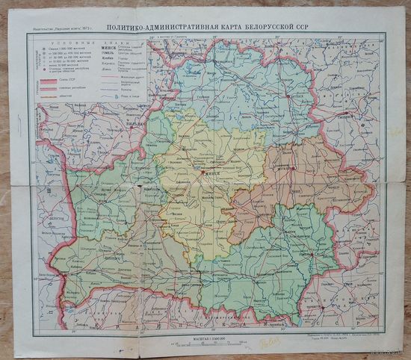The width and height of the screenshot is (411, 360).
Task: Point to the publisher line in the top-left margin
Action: pyautogui.click(x=61, y=29)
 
